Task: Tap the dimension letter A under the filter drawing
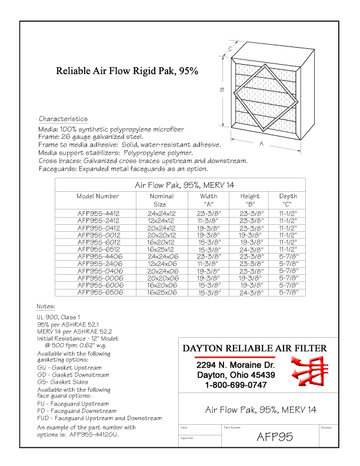coord(260,143)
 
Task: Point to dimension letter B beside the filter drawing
coord(222,90)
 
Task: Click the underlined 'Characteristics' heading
coord(63,119)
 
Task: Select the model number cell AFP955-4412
coord(98,214)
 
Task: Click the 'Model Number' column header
coord(98,197)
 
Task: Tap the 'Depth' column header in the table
coord(288,197)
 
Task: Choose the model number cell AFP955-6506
coord(98,292)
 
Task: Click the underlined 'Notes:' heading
coord(46,307)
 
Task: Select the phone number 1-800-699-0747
coord(235,385)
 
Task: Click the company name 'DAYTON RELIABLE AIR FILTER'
coord(255,348)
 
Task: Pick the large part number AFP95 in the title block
coord(275,437)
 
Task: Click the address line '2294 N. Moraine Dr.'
coord(235,365)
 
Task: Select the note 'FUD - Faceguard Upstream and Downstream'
coord(99,418)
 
